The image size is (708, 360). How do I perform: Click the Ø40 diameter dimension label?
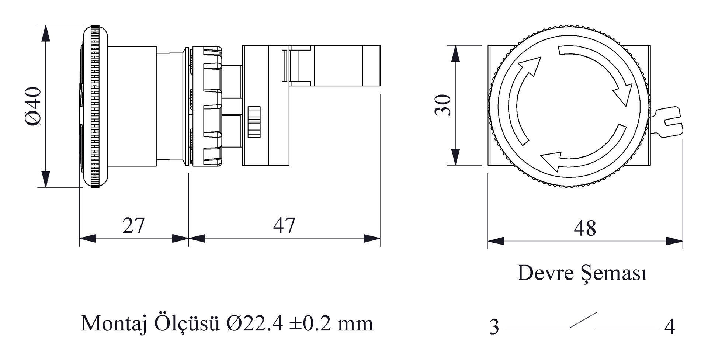pos(33,106)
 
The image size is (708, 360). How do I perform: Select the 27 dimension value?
pos(133,225)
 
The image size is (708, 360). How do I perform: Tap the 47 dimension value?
pos(284,225)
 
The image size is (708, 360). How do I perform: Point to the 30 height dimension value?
pos(443,105)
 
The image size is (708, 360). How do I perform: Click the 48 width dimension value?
pos(585,228)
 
